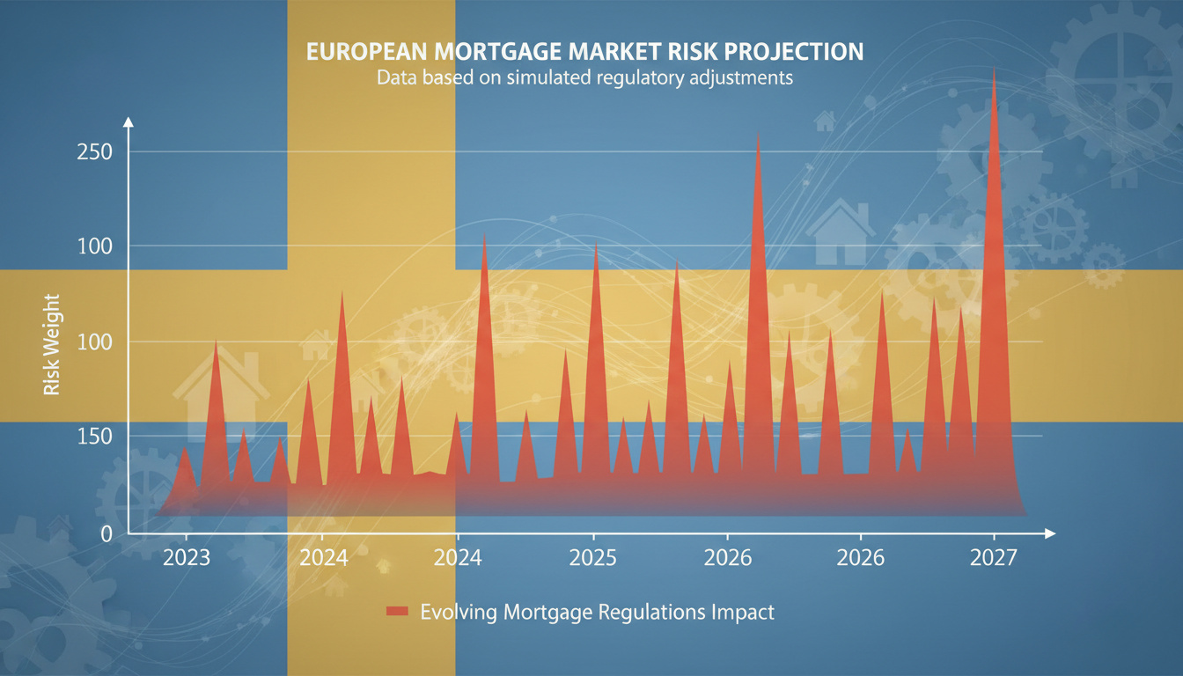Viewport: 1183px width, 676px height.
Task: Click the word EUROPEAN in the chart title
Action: (x=364, y=52)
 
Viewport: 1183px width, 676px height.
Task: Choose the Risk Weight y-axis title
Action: (x=51, y=344)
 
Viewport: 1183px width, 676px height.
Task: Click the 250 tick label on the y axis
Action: (x=94, y=151)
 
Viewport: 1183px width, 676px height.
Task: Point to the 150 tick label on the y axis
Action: (x=94, y=437)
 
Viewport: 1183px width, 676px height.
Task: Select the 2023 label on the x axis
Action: (x=187, y=557)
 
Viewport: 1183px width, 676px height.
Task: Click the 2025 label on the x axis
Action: (x=594, y=557)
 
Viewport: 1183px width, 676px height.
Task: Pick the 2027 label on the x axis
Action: (x=994, y=557)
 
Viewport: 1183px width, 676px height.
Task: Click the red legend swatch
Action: (x=397, y=612)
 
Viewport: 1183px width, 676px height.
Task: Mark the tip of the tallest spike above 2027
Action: (x=994, y=71)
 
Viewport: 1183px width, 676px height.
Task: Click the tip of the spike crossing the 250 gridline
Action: (x=758, y=134)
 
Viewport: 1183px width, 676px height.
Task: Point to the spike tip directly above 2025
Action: (x=596, y=246)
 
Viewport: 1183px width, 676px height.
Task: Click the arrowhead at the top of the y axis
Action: (x=129, y=121)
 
